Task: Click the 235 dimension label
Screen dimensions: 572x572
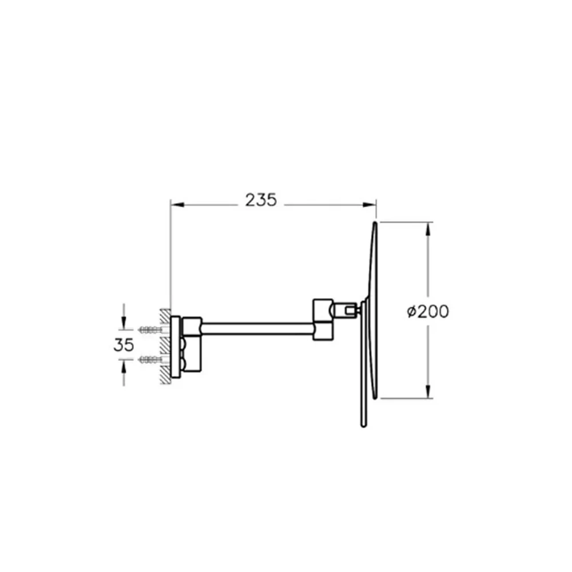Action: pos(261,200)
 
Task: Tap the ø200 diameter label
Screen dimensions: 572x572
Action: pos(428,312)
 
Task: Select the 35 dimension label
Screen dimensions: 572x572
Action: pos(124,345)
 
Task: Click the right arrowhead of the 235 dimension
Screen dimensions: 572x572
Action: pos(369,205)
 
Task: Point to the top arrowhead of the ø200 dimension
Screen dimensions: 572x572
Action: pos(428,229)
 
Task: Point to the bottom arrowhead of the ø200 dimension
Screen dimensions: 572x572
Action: pos(428,391)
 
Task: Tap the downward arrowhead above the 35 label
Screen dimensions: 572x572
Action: pos(124,323)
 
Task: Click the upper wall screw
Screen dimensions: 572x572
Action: pos(150,330)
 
